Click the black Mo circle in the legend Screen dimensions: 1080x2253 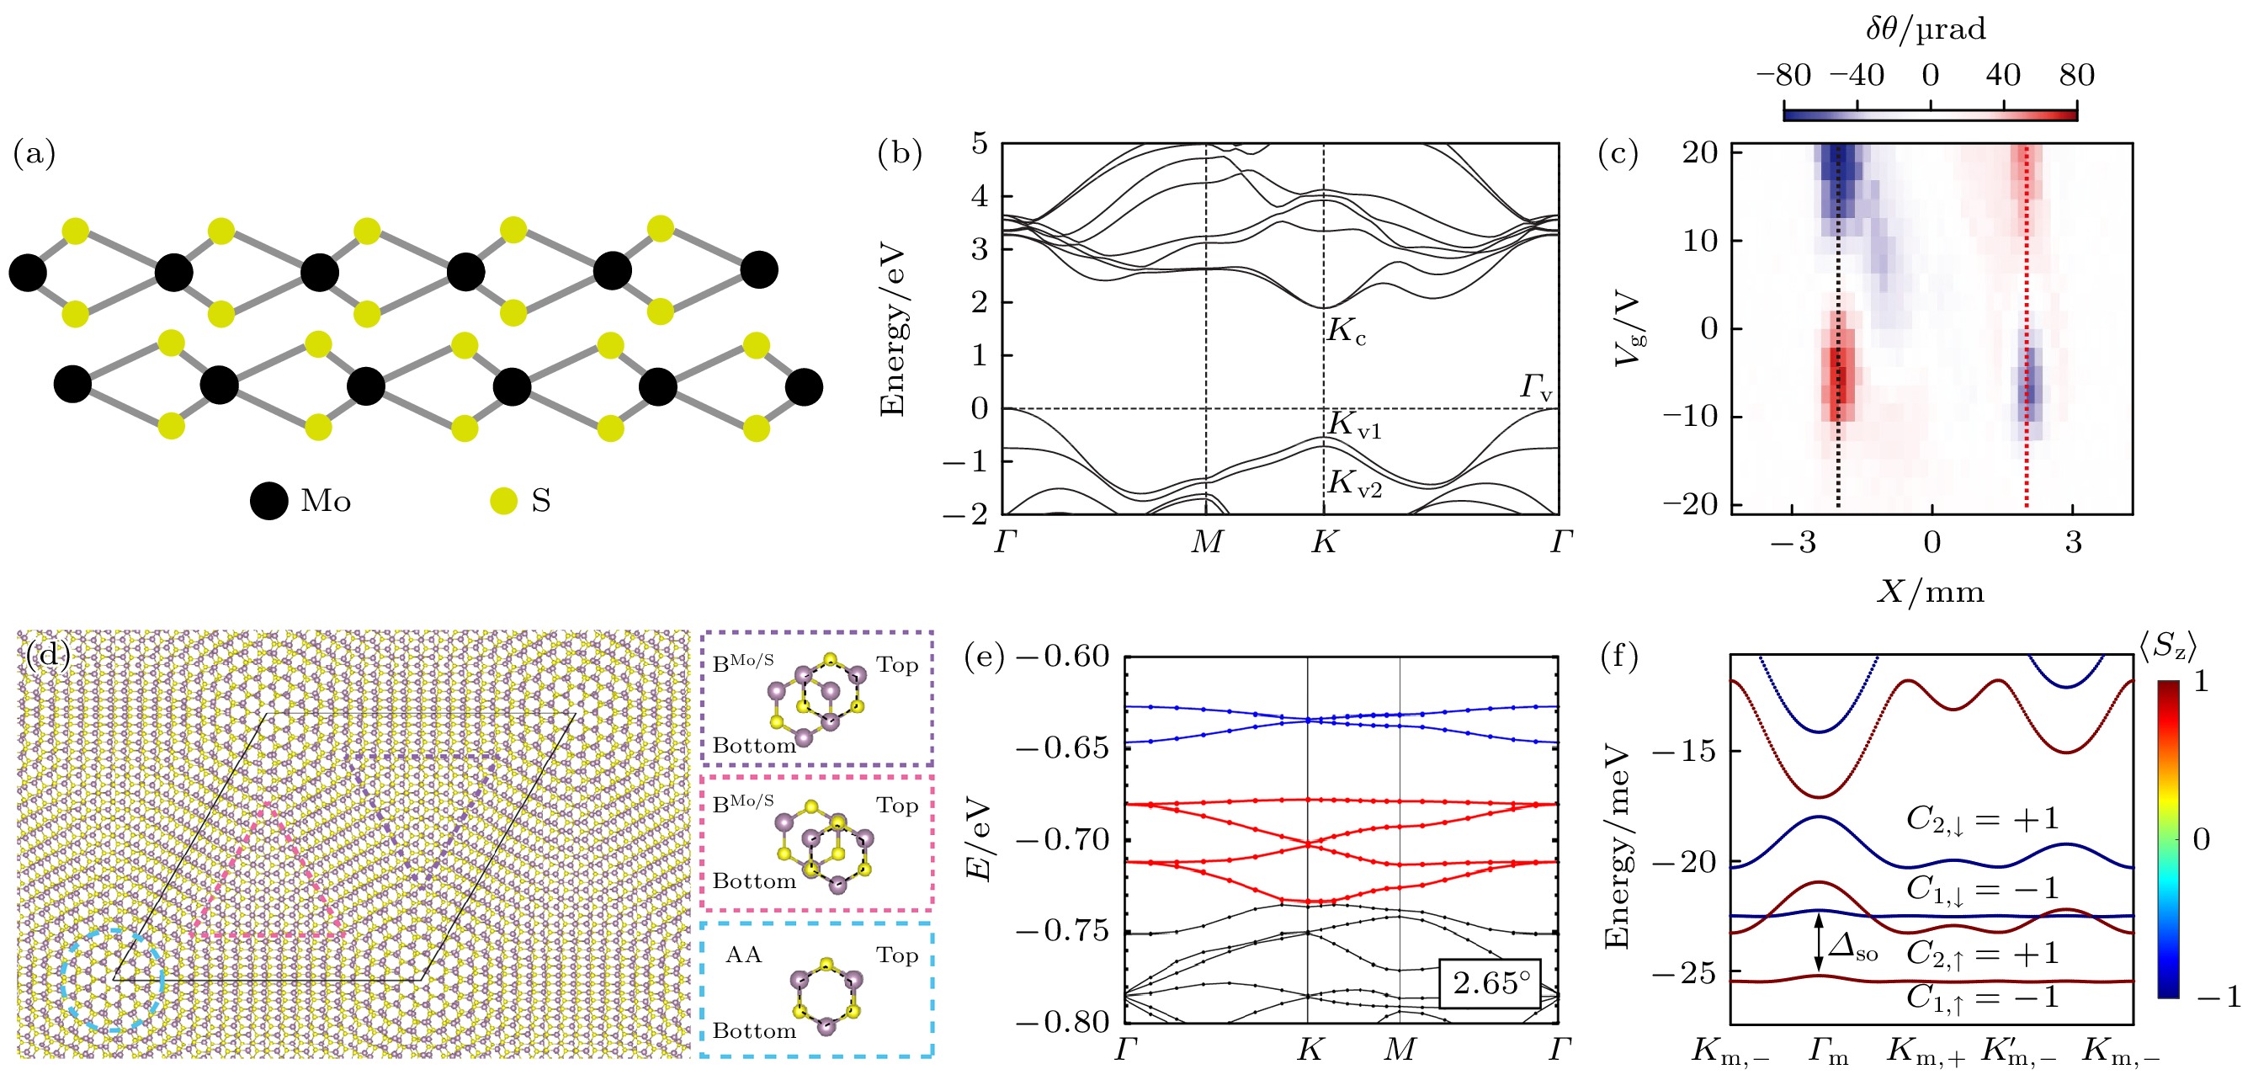click(x=268, y=501)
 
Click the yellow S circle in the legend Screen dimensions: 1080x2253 click(x=504, y=501)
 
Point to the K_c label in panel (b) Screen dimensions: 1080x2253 click(x=1346, y=332)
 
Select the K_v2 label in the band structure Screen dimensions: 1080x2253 click(x=1355, y=482)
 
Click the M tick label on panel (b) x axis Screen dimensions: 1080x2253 click(x=1207, y=543)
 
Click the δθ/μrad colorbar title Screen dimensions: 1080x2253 click(x=1926, y=29)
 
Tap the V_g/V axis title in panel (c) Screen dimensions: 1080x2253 click(x=1629, y=329)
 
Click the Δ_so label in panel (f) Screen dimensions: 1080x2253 click(x=1853, y=947)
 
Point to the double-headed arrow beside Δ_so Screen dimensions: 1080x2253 click(x=1820, y=942)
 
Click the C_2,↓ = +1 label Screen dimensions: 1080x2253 click(x=1983, y=820)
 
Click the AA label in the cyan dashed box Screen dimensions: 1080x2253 click(x=743, y=955)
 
